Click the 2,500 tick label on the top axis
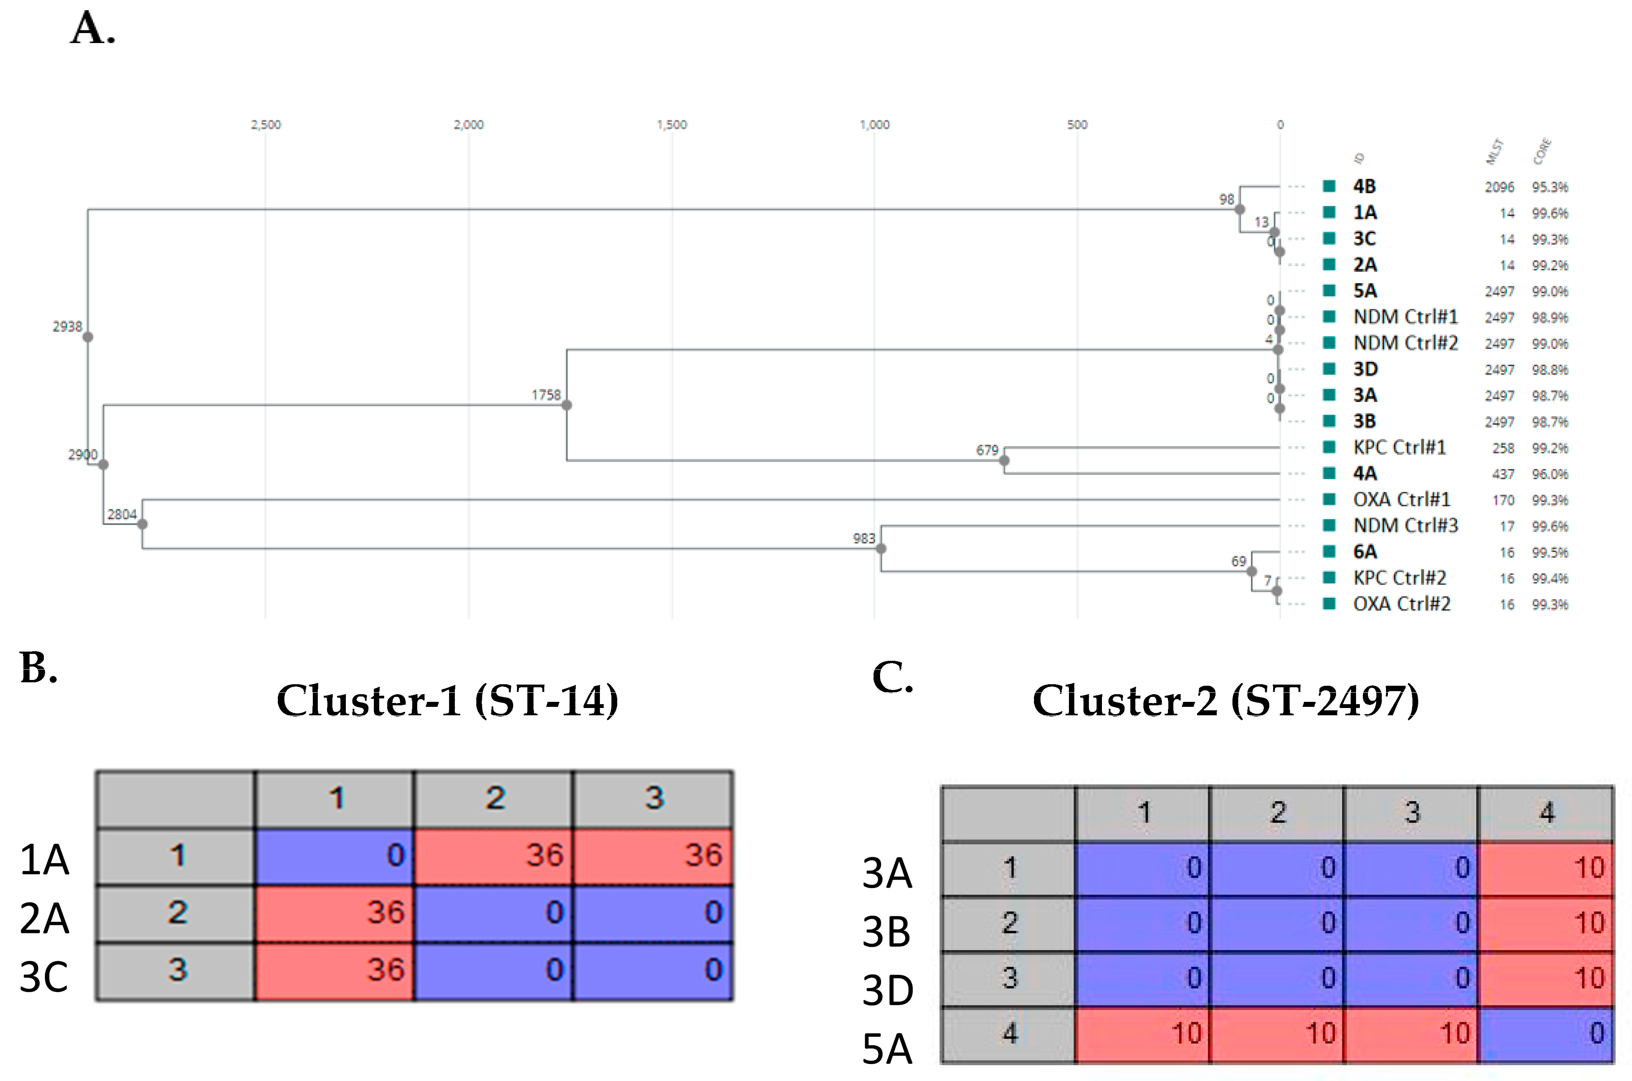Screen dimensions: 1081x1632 coord(266,125)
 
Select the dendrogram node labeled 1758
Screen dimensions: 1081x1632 coord(567,405)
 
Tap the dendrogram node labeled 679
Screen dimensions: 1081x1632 coord(1004,460)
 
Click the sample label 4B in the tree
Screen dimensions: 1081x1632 coord(1364,186)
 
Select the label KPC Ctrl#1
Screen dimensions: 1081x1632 coord(1399,447)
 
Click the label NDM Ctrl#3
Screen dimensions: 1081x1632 coord(1405,525)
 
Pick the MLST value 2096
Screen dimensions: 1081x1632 coord(1499,187)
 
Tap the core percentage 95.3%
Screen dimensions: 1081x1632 coord(1550,187)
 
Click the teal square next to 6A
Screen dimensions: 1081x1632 coord(1329,551)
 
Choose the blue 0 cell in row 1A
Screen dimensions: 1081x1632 coord(334,856)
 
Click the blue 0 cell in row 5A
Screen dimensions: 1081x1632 coord(1546,1033)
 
